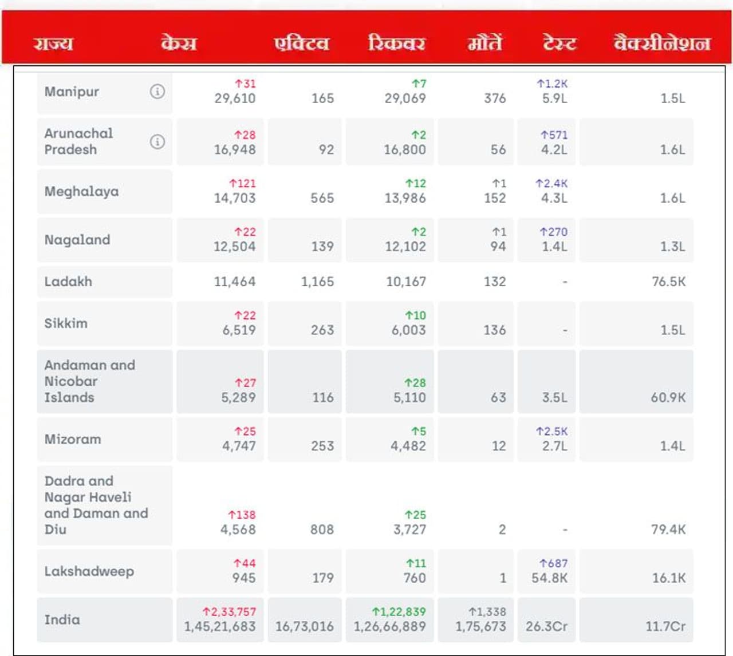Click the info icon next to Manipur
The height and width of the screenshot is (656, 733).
[157, 91]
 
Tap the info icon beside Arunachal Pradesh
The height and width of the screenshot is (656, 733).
[157, 141]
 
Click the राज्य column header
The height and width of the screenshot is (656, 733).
[53, 44]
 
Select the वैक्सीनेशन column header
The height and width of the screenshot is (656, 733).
[661, 44]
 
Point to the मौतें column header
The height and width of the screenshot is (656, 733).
[484, 44]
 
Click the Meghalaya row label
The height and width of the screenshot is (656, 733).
[81, 191]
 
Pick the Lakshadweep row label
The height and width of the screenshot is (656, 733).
[89, 571]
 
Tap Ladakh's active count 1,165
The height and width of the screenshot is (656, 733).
[317, 282]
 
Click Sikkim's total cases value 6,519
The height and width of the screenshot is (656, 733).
[239, 330]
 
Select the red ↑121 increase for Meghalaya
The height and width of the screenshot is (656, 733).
[242, 184]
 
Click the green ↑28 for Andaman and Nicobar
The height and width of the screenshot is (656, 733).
[415, 383]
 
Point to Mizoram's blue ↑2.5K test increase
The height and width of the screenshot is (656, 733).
[551, 432]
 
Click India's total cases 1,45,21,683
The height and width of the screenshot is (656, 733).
[220, 627]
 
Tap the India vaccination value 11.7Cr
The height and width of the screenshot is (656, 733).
[665, 627]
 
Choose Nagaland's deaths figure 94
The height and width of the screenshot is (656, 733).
[498, 247]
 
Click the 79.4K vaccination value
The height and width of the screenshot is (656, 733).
[668, 529]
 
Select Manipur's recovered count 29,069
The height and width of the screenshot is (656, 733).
[405, 98]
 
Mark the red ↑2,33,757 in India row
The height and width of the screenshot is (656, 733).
[229, 612]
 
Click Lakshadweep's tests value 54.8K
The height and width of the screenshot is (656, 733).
[549, 578]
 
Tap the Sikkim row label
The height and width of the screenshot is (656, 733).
[66, 323]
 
